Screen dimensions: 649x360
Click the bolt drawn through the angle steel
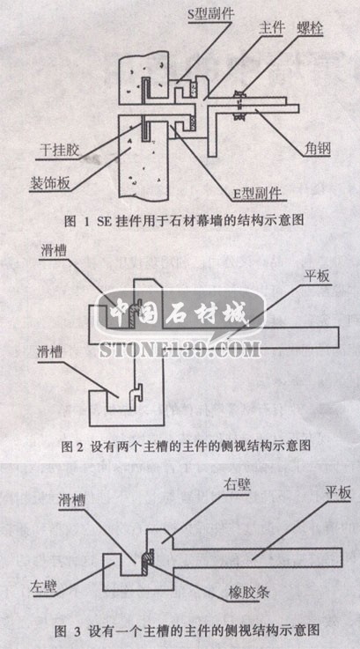[x=239, y=106]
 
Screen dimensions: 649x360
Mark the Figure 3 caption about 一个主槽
[x=185, y=631]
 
